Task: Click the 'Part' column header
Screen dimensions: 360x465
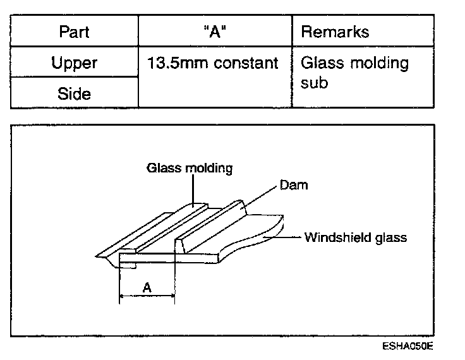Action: pos(74,32)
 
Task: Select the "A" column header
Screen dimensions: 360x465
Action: pos(214,32)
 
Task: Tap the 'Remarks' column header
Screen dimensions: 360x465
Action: pos(335,32)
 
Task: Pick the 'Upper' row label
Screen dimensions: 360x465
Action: pos(74,63)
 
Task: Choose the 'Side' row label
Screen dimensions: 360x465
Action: pos(74,93)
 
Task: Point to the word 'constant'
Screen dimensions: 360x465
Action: pos(245,63)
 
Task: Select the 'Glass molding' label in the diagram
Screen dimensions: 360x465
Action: pos(190,168)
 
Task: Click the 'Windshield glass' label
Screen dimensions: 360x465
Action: pos(356,237)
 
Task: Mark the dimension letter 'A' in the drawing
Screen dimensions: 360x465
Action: pos(147,287)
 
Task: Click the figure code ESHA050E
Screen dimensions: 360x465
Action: pos(408,346)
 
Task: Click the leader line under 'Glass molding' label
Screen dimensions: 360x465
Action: pos(193,189)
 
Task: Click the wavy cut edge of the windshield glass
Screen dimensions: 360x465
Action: pos(253,243)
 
